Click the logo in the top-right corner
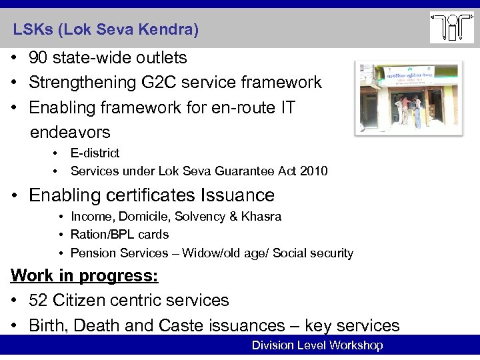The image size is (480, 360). coord(451,27)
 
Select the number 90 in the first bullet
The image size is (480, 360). coord(38,58)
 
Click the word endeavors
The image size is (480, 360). coord(70,131)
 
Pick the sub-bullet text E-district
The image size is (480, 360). coord(95,154)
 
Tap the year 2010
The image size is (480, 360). coord(313,171)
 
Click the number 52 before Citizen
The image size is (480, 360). coord(38,300)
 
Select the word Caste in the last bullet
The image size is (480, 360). coord(181,325)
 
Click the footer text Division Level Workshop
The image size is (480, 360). coord(317,345)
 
